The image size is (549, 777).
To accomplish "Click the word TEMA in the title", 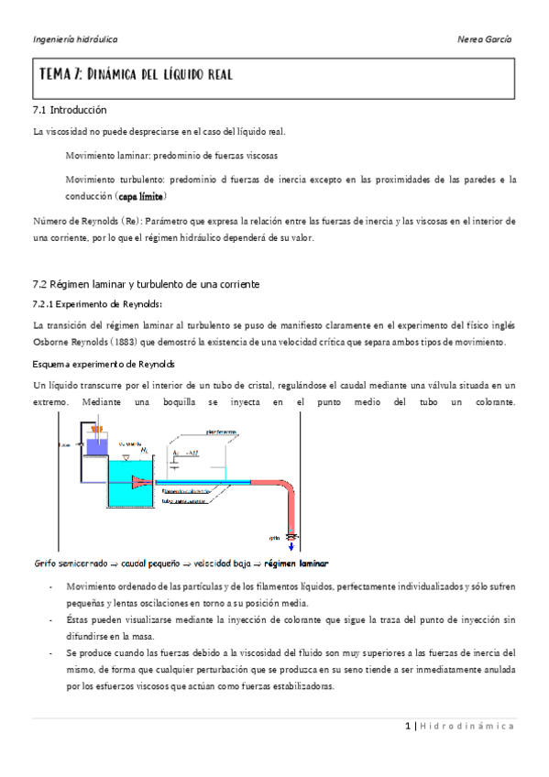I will click(x=54, y=74).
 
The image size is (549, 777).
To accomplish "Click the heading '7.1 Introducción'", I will click(x=69, y=110).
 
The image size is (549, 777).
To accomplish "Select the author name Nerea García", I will click(x=484, y=39).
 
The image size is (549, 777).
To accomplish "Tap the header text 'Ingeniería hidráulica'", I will click(x=75, y=39).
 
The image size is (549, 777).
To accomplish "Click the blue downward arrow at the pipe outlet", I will click(x=292, y=546).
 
